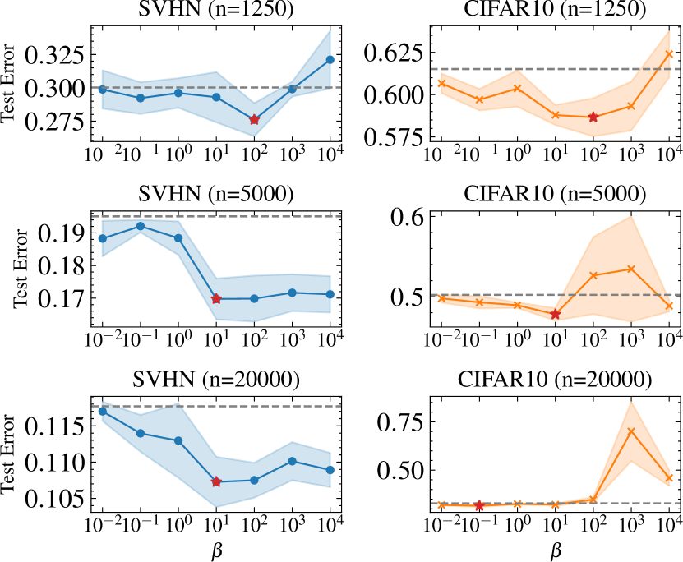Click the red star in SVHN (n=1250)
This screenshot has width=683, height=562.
tap(254, 120)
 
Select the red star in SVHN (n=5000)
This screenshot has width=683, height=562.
tap(216, 299)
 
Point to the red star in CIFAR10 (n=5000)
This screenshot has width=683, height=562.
tap(556, 314)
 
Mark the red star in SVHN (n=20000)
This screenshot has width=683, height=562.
tap(216, 481)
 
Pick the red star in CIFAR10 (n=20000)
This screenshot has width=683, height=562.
tap(479, 505)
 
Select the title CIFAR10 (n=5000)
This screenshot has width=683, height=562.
tap(556, 195)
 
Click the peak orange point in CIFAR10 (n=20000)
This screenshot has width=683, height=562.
tap(631, 431)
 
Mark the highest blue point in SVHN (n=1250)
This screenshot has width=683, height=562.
tap(330, 60)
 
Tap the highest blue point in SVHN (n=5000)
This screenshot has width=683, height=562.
tap(141, 226)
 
